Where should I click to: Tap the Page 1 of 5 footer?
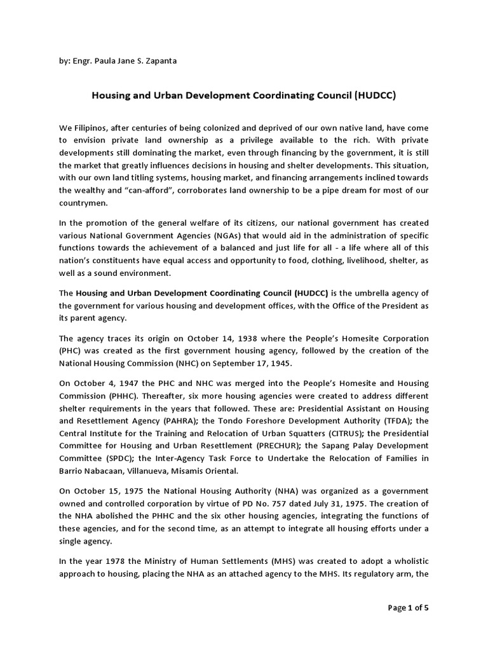pyautogui.click(x=408, y=607)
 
